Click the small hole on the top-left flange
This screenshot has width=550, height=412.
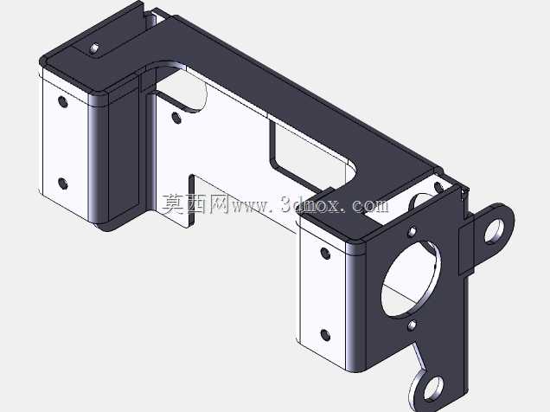click(x=95, y=48)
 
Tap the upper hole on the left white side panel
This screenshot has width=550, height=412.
click(x=63, y=102)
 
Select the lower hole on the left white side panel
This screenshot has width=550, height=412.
click(x=63, y=183)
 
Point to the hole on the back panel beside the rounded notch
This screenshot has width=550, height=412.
click(x=176, y=118)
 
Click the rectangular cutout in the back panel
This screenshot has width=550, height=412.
click(x=309, y=154)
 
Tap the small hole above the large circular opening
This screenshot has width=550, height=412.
click(x=412, y=232)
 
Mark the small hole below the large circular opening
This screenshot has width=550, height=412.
click(x=412, y=325)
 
